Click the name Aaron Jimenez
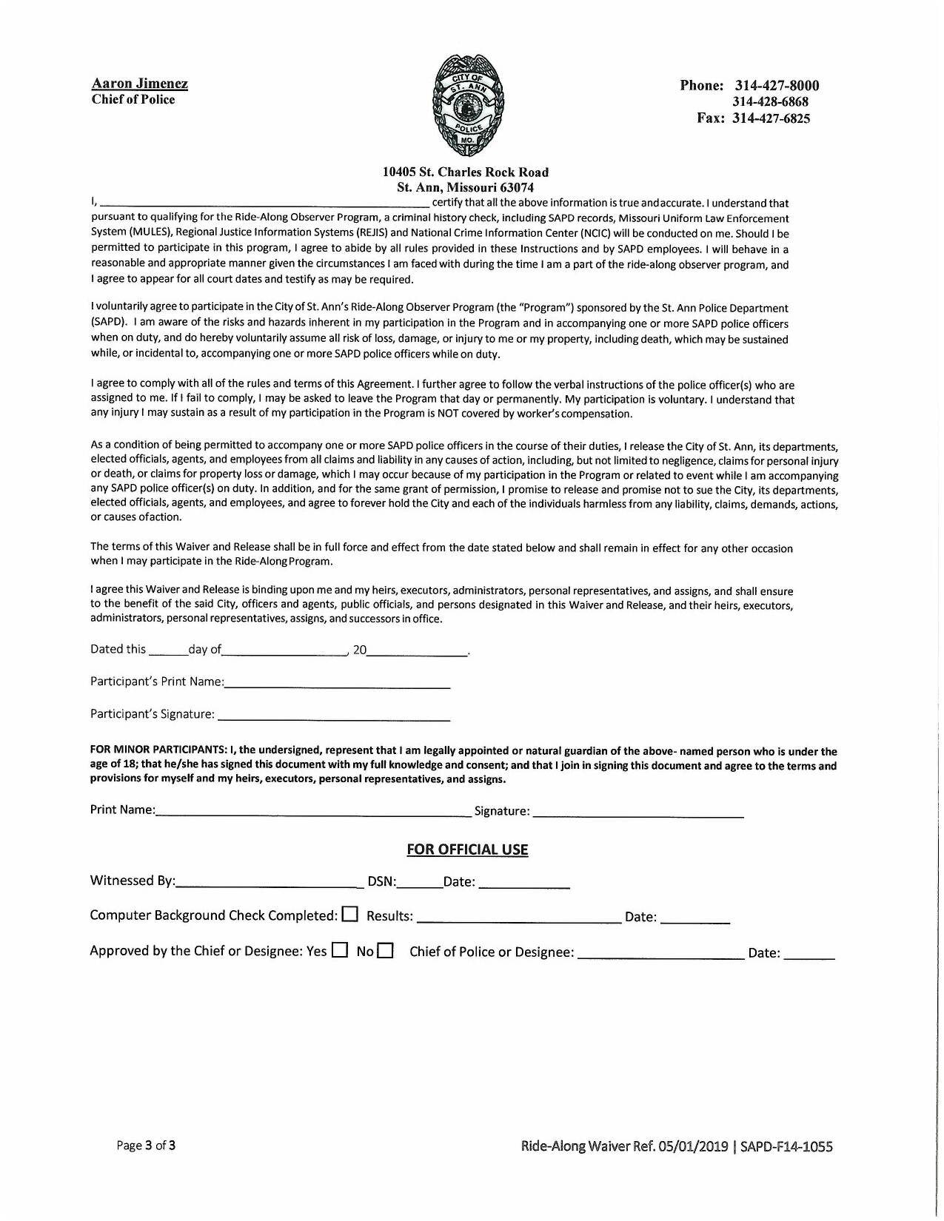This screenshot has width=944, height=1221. pos(139,84)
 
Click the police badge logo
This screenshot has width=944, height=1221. pos(469,104)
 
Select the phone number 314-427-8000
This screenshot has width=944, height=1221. pos(777,85)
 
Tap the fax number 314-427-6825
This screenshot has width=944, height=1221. pos(771,118)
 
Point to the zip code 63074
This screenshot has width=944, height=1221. pos(517,187)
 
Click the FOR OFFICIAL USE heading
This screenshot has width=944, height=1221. pos(467,850)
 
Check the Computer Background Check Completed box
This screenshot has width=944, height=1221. pos(350,915)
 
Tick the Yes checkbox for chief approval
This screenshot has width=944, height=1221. pos(340,950)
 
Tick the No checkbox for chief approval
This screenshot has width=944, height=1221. pos(385,950)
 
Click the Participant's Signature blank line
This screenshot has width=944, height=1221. pos(333,716)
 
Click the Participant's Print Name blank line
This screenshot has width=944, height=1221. pos(337,684)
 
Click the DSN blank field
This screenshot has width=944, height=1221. pos(419,883)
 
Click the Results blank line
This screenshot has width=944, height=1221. pos(518,918)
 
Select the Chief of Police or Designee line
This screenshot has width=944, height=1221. pos(660,954)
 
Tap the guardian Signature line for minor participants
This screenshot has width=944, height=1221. pos(637,813)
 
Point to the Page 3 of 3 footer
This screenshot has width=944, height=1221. pos(146,1146)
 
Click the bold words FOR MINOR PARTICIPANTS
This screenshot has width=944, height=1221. pos(158,751)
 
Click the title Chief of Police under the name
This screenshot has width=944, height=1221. pos(133,100)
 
